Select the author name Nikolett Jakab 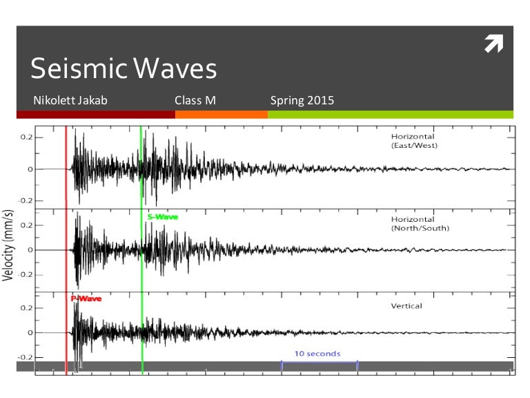(x=70, y=101)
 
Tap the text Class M (x=195, y=101)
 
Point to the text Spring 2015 (x=302, y=101)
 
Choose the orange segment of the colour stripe (x=222, y=115)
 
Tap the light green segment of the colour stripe (x=391, y=115)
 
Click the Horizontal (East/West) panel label (x=415, y=142)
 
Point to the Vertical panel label (x=406, y=305)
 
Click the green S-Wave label (x=163, y=217)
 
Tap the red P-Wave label (x=86, y=298)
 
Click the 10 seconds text (x=317, y=354)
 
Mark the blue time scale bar (x=319, y=362)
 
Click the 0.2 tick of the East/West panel (x=26, y=138)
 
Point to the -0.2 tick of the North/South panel (x=25, y=274)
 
